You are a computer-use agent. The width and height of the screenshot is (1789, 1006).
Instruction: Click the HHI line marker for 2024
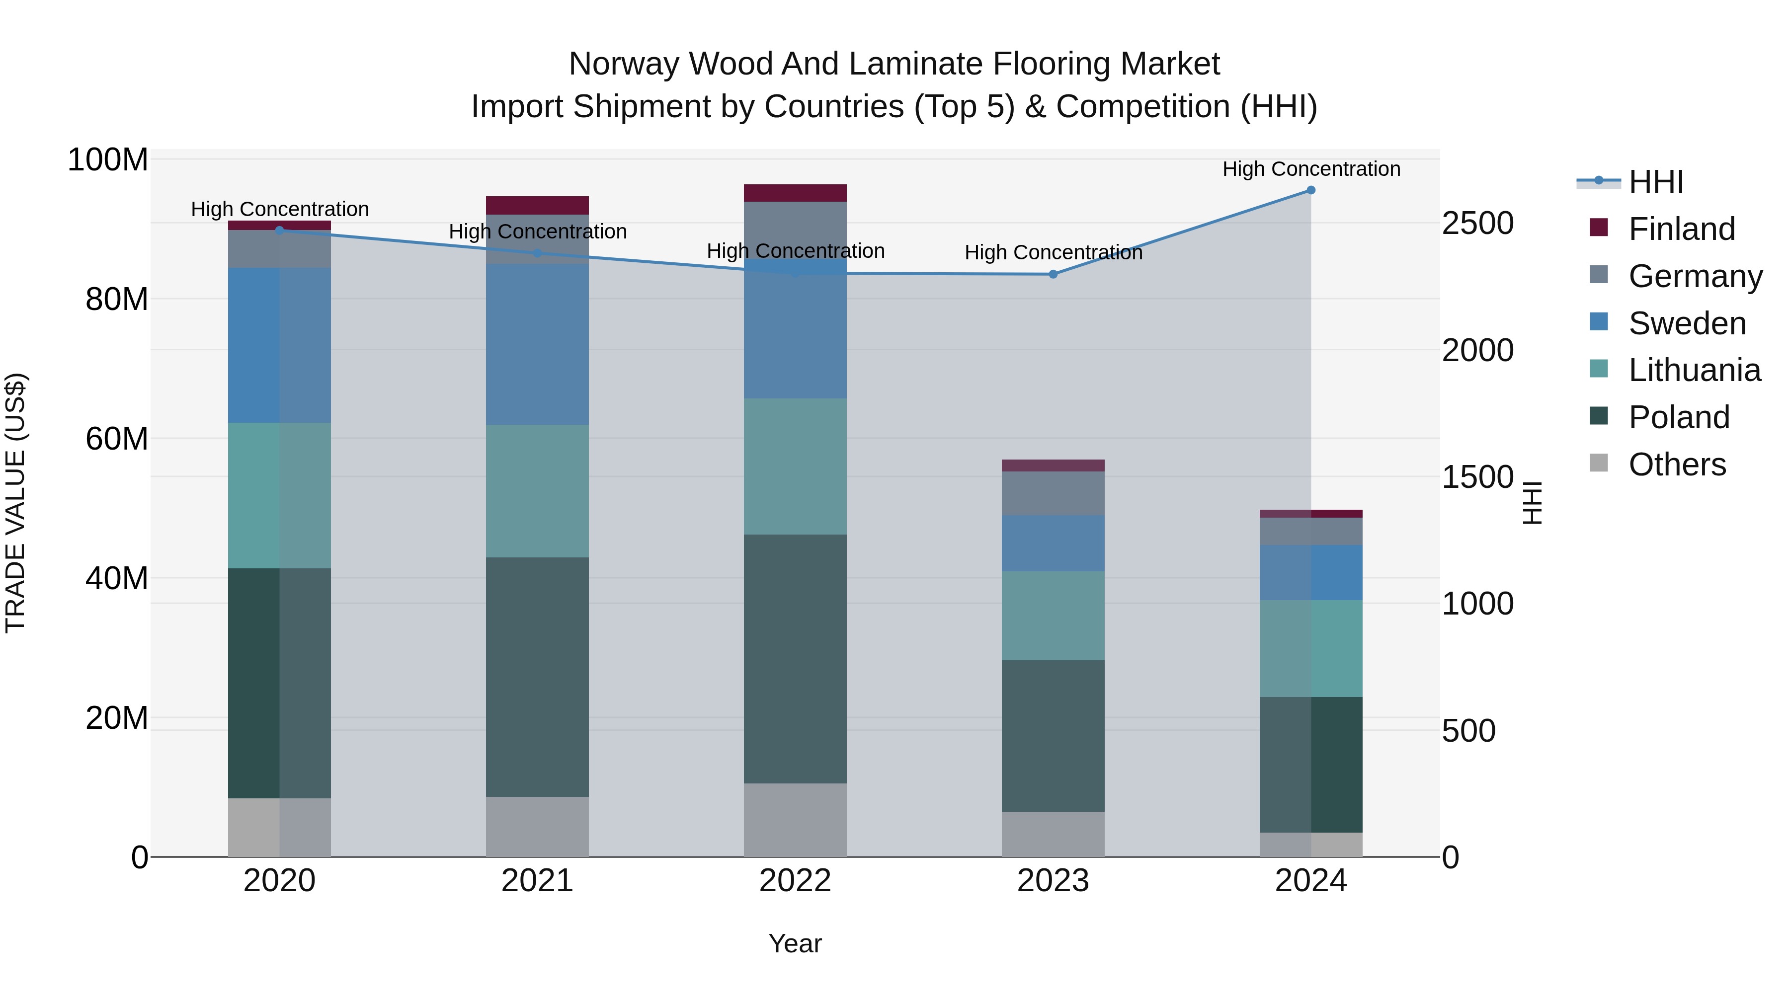[1310, 190]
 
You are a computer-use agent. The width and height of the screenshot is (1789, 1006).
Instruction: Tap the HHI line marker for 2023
[1053, 274]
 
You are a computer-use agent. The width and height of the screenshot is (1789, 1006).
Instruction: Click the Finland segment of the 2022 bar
[795, 193]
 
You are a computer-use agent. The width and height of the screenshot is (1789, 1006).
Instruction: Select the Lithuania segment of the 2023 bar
[1053, 616]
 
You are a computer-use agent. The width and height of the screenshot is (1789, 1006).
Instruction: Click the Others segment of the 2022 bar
[795, 820]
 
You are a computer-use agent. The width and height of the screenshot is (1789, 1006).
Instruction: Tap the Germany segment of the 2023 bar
[1053, 493]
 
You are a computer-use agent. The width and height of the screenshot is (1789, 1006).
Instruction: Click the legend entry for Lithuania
[1694, 370]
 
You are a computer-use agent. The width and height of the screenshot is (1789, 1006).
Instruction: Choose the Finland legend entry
[1681, 229]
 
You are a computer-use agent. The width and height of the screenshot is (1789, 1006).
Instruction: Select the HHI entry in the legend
[1656, 182]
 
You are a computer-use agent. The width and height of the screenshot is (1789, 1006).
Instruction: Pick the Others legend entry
[1677, 464]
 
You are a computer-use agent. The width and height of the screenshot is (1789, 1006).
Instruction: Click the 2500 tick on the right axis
[1477, 224]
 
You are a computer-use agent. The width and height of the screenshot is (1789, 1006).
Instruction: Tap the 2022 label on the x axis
[795, 881]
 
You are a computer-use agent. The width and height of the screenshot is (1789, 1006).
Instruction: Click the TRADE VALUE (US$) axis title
[15, 503]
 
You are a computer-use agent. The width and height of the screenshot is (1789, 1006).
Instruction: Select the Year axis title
[795, 943]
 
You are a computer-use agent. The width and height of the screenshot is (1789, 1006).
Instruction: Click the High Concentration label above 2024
[1310, 169]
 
